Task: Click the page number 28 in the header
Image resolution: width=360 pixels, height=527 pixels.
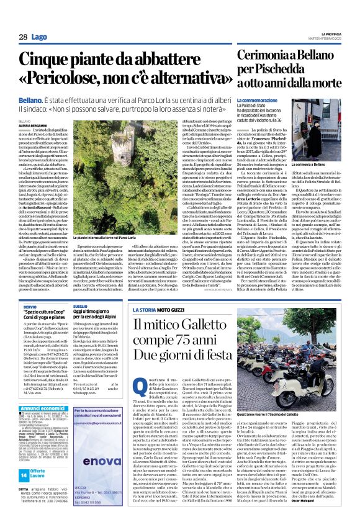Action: coord(22,37)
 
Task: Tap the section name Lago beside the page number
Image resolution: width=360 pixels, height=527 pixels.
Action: coord(38,37)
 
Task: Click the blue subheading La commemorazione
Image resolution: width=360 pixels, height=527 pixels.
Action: coord(261,100)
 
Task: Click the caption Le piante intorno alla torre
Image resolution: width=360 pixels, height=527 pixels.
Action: coord(109,237)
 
